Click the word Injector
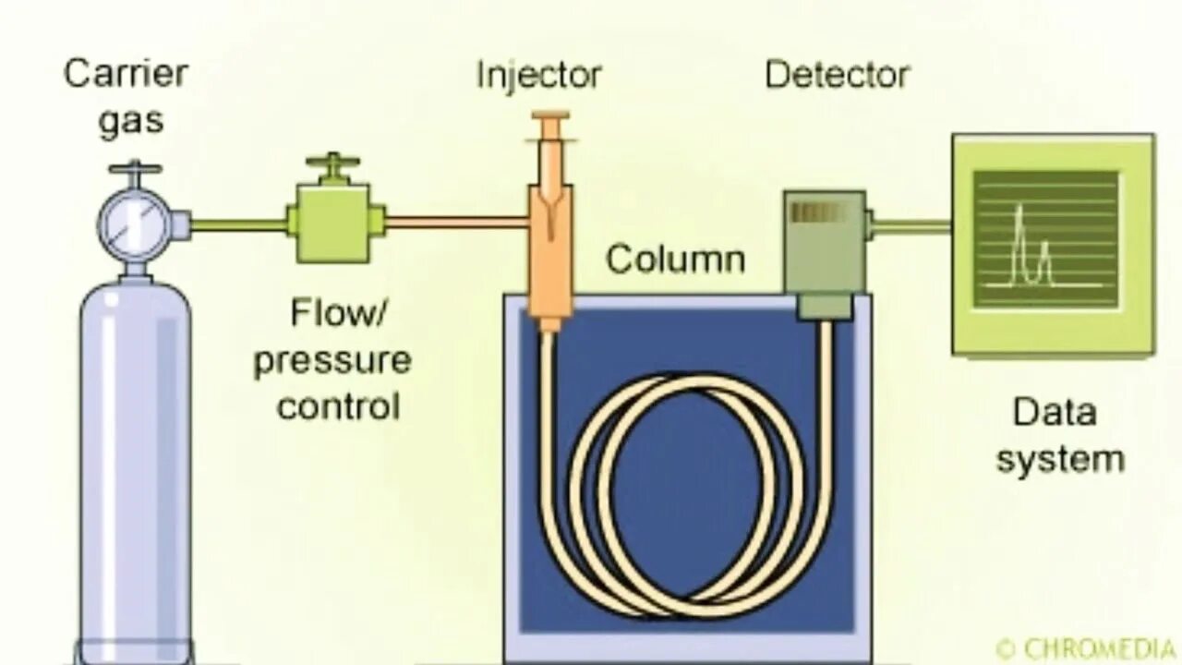pyautogui.click(x=538, y=75)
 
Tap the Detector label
pyautogui.click(x=837, y=75)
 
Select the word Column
pyautogui.click(x=675, y=260)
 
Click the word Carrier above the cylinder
pyautogui.click(x=126, y=74)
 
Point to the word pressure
pyautogui.click(x=332, y=359)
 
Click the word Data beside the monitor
pyautogui.click(x=1055, y=412)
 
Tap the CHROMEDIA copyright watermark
pyautogui.click(x=1087, y=647)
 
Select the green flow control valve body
pyautogui.click(x=333, y=223)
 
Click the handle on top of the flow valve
pyautogui.click(x=332, y=163)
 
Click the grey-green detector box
pyautogui.click(x=824, y=242)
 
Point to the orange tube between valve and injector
pyautogui.click(x=456, y=222)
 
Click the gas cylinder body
pyautogui.click(x=135, y=462)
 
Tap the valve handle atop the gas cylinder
pyautogui.click(x=135, y=169)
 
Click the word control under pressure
pyautogui.click(x=338, y=405)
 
